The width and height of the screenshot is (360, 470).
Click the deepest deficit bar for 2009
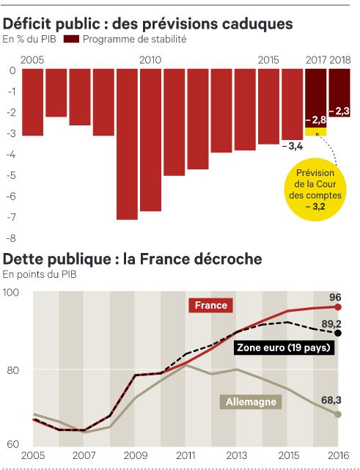[127, 144]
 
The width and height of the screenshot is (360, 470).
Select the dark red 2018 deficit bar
[339, 92]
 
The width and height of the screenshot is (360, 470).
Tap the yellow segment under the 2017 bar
[315, 131]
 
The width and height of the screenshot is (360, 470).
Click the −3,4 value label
[293, 147]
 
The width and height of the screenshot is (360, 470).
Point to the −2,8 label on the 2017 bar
[315, 120]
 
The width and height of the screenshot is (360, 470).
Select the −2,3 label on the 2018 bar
[339, 111]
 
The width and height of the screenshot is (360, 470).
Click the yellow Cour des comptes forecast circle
[315, 189]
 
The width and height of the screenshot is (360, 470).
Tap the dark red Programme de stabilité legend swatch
[71, 39]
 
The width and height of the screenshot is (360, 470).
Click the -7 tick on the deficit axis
[12, 217]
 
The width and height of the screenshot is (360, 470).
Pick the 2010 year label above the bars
[150, 60]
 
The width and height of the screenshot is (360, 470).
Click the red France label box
[210, 306]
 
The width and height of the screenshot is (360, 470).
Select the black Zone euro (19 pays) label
[284, 348]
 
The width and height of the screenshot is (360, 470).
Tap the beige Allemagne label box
[251, 402]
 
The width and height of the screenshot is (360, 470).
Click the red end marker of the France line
[338, 307]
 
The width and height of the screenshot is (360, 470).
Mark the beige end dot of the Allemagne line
[338, 414]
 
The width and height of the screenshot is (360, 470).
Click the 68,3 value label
[331, 400]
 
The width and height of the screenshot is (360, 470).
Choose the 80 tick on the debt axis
[12, 370]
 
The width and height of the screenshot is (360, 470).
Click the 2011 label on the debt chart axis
[185, 455]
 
